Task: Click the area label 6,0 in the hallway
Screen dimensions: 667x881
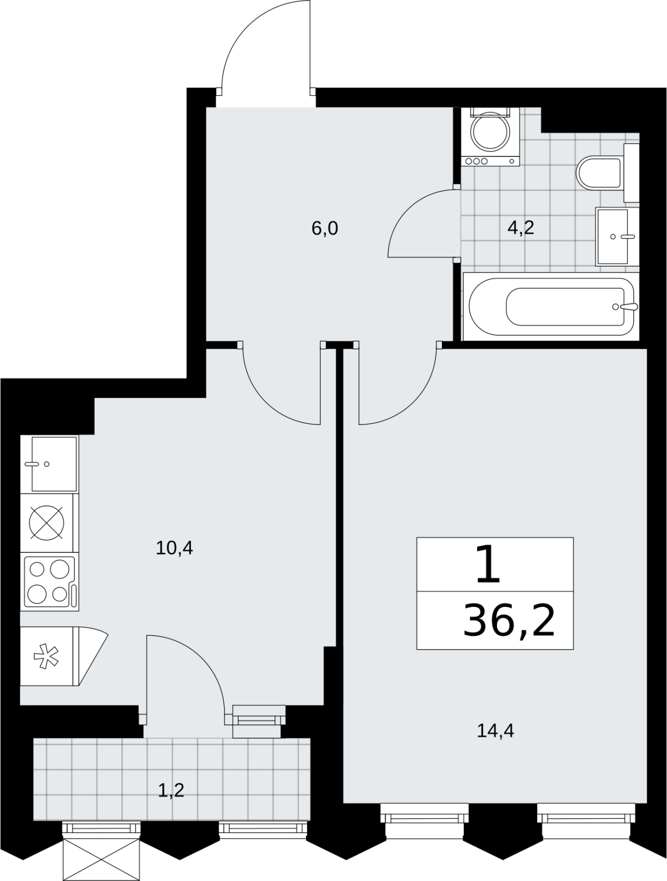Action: (325, 229)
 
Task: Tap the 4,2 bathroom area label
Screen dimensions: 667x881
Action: (521, 228)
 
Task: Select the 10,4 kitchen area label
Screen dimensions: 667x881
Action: (174, 547)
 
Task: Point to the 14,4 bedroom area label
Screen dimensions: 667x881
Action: (495, 731)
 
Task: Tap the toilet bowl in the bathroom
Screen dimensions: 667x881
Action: (599, 172)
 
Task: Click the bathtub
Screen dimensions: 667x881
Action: (551, 307)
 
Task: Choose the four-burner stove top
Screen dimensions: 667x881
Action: (50, 582)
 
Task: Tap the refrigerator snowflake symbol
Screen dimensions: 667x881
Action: (46, 657)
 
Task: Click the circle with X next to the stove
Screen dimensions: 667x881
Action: (47, 523)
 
